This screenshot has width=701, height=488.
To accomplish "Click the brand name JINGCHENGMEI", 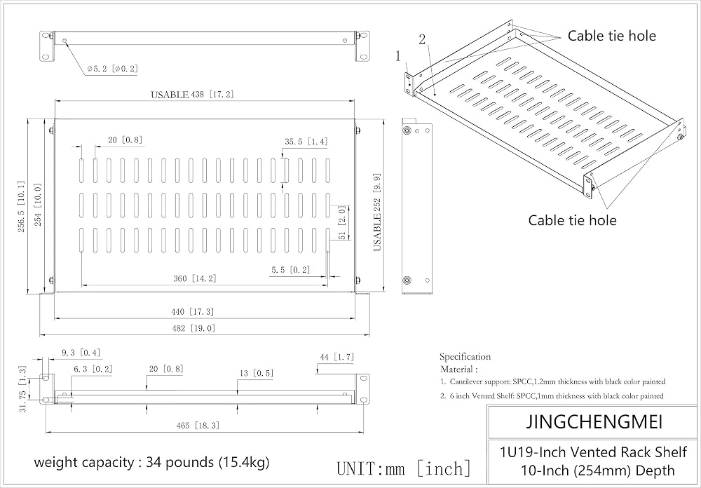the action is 594,422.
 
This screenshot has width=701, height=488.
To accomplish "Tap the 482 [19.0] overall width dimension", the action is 193,328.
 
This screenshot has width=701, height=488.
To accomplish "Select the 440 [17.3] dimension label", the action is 193,312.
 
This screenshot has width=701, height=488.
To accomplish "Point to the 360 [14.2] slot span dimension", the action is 194,278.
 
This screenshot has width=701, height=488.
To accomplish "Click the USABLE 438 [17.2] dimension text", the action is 192,95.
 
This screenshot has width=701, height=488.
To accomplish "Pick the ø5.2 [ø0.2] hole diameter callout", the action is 113,69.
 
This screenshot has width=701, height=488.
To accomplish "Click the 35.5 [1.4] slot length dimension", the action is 306,142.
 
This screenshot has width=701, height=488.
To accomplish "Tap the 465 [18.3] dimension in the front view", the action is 198,426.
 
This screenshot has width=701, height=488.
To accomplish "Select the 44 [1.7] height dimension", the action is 336,357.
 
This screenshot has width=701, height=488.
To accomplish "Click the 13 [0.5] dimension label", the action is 256,373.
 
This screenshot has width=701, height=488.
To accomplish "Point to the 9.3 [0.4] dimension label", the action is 81,353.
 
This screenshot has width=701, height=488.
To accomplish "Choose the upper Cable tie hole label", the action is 611,36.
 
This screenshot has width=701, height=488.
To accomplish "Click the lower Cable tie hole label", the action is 572,220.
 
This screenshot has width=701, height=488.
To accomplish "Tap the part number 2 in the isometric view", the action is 422,40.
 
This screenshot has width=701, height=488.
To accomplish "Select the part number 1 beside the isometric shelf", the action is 398,56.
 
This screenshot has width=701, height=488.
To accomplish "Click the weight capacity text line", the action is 151,461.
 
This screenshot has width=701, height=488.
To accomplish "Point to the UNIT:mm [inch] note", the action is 404,468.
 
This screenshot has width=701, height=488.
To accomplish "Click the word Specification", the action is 465,356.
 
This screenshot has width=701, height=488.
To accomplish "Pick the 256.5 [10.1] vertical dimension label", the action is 22,207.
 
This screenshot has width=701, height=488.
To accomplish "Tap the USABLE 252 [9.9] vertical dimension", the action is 377,212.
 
